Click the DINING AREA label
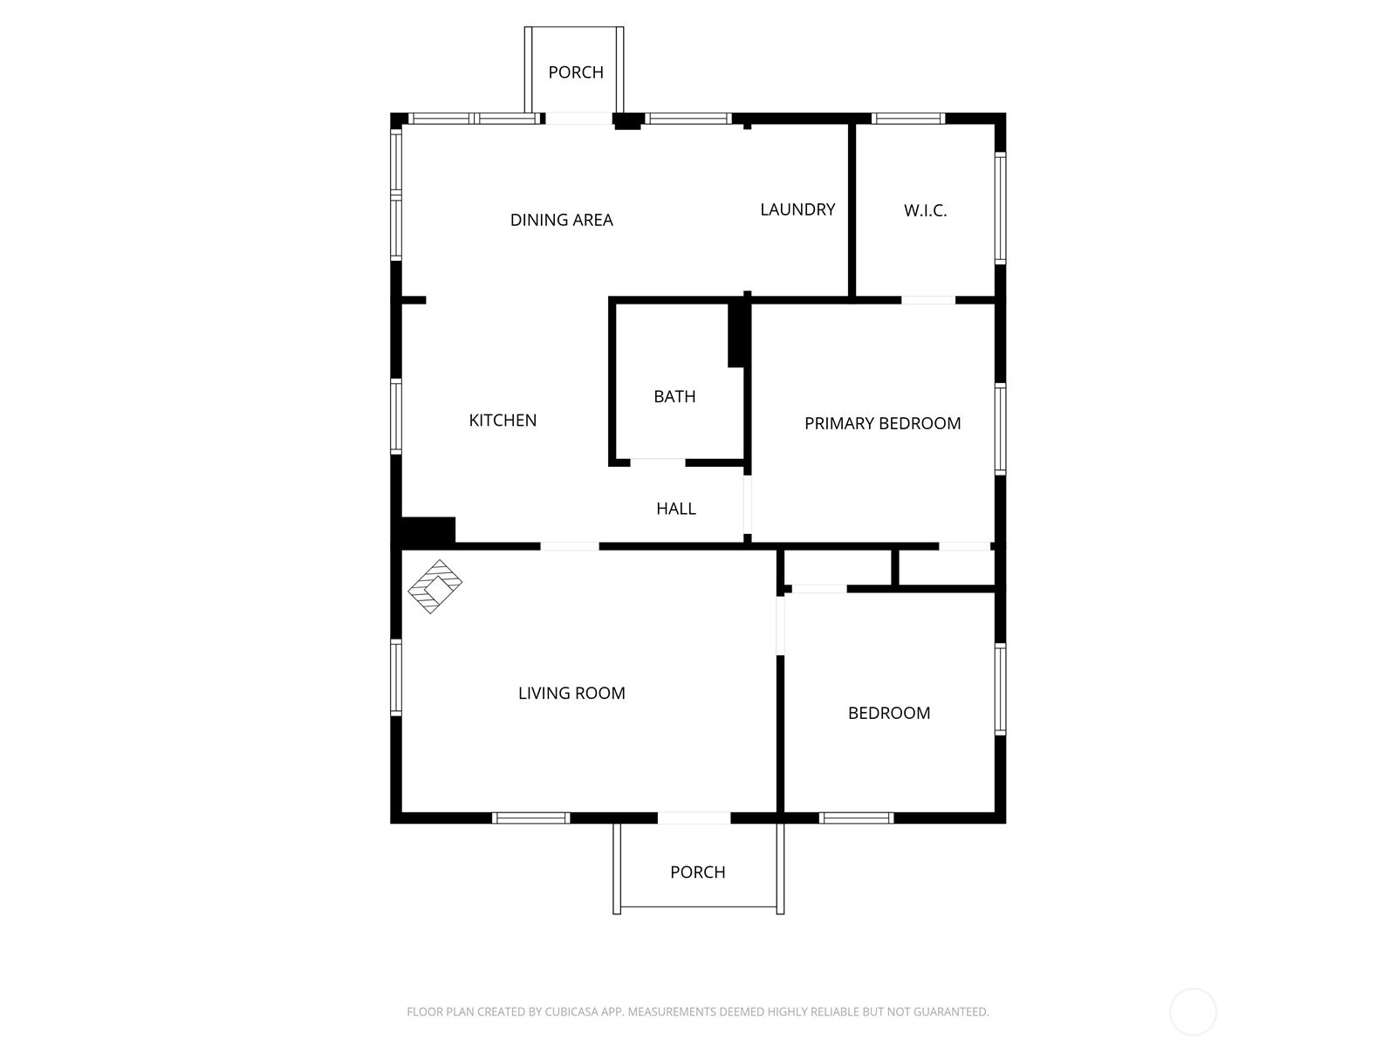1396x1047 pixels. [x=561, y=220]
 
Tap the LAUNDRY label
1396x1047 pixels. [x=797, y=209]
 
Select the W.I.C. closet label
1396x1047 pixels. [x=925, y=210]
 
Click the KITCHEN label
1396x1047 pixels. [x=503, y=421]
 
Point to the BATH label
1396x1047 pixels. [x=674, y=397]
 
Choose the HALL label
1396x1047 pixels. [x=675, y=509]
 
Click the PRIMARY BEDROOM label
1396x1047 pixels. [x=882, y=424]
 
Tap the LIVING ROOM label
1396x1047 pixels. [x=571, y=694]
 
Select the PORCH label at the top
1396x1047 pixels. [x=575, y=72]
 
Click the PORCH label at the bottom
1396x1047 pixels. [x=697, y=872]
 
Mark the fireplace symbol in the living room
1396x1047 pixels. [x=435, y=586]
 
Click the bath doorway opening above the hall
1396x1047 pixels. [x=657, y=462]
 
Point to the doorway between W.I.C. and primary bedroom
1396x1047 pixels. [x=928, y=300]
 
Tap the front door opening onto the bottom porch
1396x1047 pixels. [x=694, y=818]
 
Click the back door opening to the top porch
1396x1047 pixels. [x=578, y=119]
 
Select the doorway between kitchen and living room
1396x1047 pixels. [x=570, y=546]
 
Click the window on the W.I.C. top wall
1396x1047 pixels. [x=907, y=119]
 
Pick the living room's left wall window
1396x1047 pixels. [x=396, y=678]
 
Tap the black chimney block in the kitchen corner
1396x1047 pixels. [x=428, y=530]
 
